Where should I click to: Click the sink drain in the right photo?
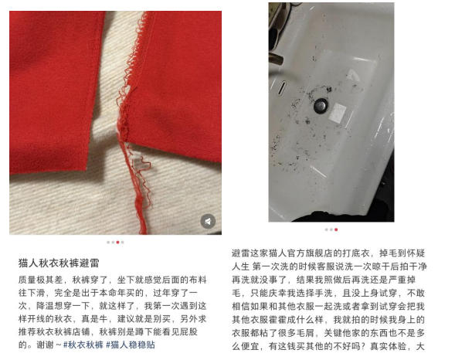(321, 106)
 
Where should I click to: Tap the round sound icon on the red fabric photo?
(208, 222)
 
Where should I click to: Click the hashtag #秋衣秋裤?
(83, 345)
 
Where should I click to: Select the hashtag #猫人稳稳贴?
(131, 345)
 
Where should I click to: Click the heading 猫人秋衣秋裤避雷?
(59, 263)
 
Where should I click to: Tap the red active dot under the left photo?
(118, 243)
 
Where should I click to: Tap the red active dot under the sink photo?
(336, 229)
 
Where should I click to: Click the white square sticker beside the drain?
(338, 113)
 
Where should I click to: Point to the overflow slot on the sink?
(281, 87)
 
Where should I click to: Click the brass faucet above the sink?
(276, 58)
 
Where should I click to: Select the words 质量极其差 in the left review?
(41, 280)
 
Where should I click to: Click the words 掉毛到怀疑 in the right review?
(402, 253)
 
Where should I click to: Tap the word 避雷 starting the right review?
(241, 253)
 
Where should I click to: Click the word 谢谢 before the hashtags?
(46, 345)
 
